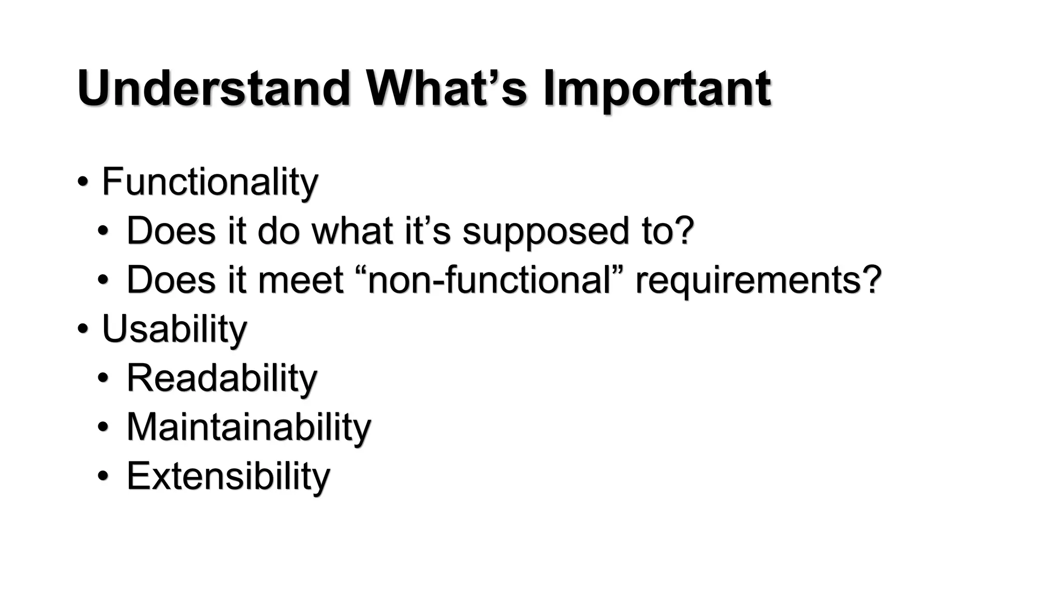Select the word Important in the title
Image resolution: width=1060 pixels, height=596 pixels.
click(657, 89)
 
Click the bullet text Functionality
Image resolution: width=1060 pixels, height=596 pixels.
click(210, 182)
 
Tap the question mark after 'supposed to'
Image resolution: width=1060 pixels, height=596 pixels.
click(685, 230)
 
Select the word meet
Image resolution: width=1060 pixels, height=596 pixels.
click(300, 280)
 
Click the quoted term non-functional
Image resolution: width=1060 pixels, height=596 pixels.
click(490, 280)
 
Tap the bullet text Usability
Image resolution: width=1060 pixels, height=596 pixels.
click(174, 329)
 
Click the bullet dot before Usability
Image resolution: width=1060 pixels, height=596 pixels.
click(82, 329)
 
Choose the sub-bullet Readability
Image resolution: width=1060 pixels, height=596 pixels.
click(222, 378)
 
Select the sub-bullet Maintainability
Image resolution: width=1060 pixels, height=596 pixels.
click(248, 427)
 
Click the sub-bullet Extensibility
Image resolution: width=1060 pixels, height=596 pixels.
click(228, 476)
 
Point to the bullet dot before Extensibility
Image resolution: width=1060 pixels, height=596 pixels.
click(103, 476)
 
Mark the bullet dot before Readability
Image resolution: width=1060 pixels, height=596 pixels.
click(103, 378)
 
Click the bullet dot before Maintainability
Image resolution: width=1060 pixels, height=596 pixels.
click(103, 427)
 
